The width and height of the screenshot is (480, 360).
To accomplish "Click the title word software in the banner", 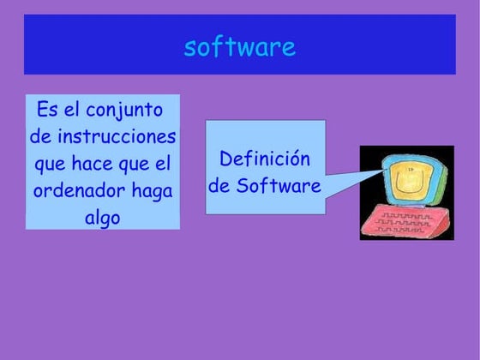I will click(239, 47).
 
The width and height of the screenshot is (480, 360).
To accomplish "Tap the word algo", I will click(102, 218).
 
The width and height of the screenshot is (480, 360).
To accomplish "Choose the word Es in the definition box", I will click(48, 111).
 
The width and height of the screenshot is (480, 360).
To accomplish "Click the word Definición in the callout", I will click(264, 159).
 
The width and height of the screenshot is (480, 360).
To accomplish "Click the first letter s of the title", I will click(190, 47).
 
